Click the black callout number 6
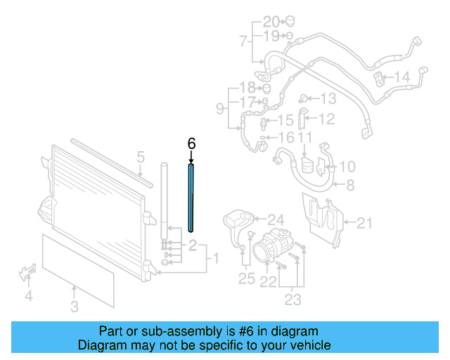[191, 143]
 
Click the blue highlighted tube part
[191, 197]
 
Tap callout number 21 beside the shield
[363, 224]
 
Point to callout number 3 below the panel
[75, 306]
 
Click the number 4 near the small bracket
[28, 296]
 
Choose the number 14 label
[401, 77]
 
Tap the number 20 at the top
[271, 20]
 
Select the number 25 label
[246, 279]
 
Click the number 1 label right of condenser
[216, 259]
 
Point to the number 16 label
[286, 137]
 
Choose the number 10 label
[347, 167]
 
